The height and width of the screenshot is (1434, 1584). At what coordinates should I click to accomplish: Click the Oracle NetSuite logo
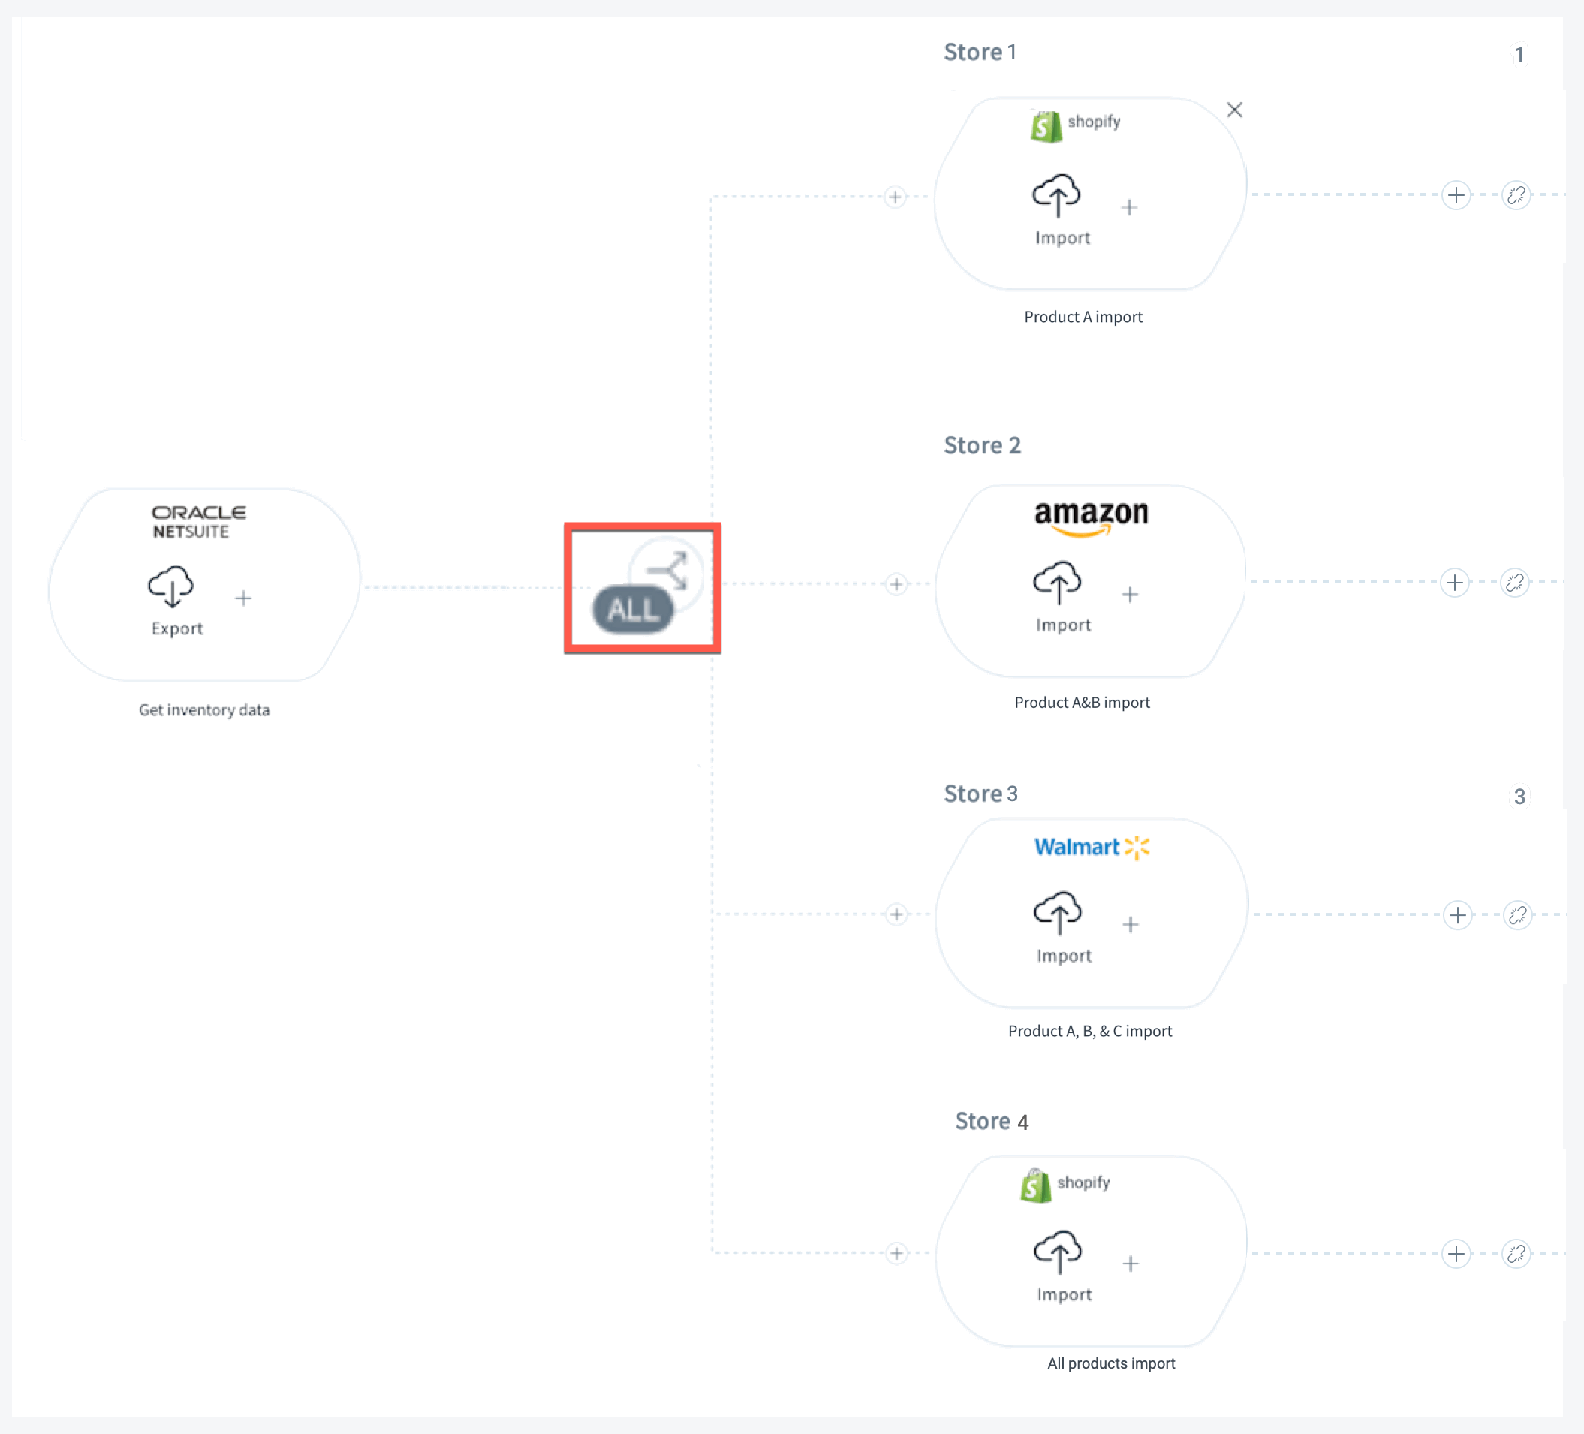[199, 522]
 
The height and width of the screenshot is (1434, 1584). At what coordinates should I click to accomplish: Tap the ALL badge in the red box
[633, 609]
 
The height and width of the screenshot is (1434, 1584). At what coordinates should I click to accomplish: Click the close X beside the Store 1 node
[1234, 110]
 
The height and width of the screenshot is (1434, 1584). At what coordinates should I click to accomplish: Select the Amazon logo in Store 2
[1092, 518]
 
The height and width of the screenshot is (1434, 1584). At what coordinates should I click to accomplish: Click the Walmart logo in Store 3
[1092, 847]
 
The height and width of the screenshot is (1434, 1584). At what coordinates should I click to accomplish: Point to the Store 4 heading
[992, 1121]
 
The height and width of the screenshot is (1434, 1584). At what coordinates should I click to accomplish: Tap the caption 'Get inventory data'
[204, 709]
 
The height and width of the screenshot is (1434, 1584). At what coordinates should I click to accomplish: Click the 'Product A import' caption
[1083, 317]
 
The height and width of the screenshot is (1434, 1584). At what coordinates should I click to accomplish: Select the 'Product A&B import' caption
[1082, 703]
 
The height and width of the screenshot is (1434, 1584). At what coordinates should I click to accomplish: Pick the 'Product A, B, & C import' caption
[1090, 1031]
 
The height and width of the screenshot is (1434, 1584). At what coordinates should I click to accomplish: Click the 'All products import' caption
[1111, 1363]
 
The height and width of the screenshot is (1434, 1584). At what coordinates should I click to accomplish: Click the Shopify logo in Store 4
[1065, 1185]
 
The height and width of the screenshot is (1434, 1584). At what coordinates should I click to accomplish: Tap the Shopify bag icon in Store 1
[1046, 126]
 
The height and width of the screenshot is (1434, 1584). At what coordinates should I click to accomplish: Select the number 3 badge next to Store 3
[1519, 797]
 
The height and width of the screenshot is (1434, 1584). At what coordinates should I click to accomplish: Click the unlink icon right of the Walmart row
[1517, 915]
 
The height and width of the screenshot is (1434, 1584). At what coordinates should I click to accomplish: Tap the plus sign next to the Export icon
[243, 598]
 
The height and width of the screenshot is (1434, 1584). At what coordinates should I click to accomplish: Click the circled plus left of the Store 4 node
[896, 1253]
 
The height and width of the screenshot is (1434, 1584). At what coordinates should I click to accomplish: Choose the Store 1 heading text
[980, 52]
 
